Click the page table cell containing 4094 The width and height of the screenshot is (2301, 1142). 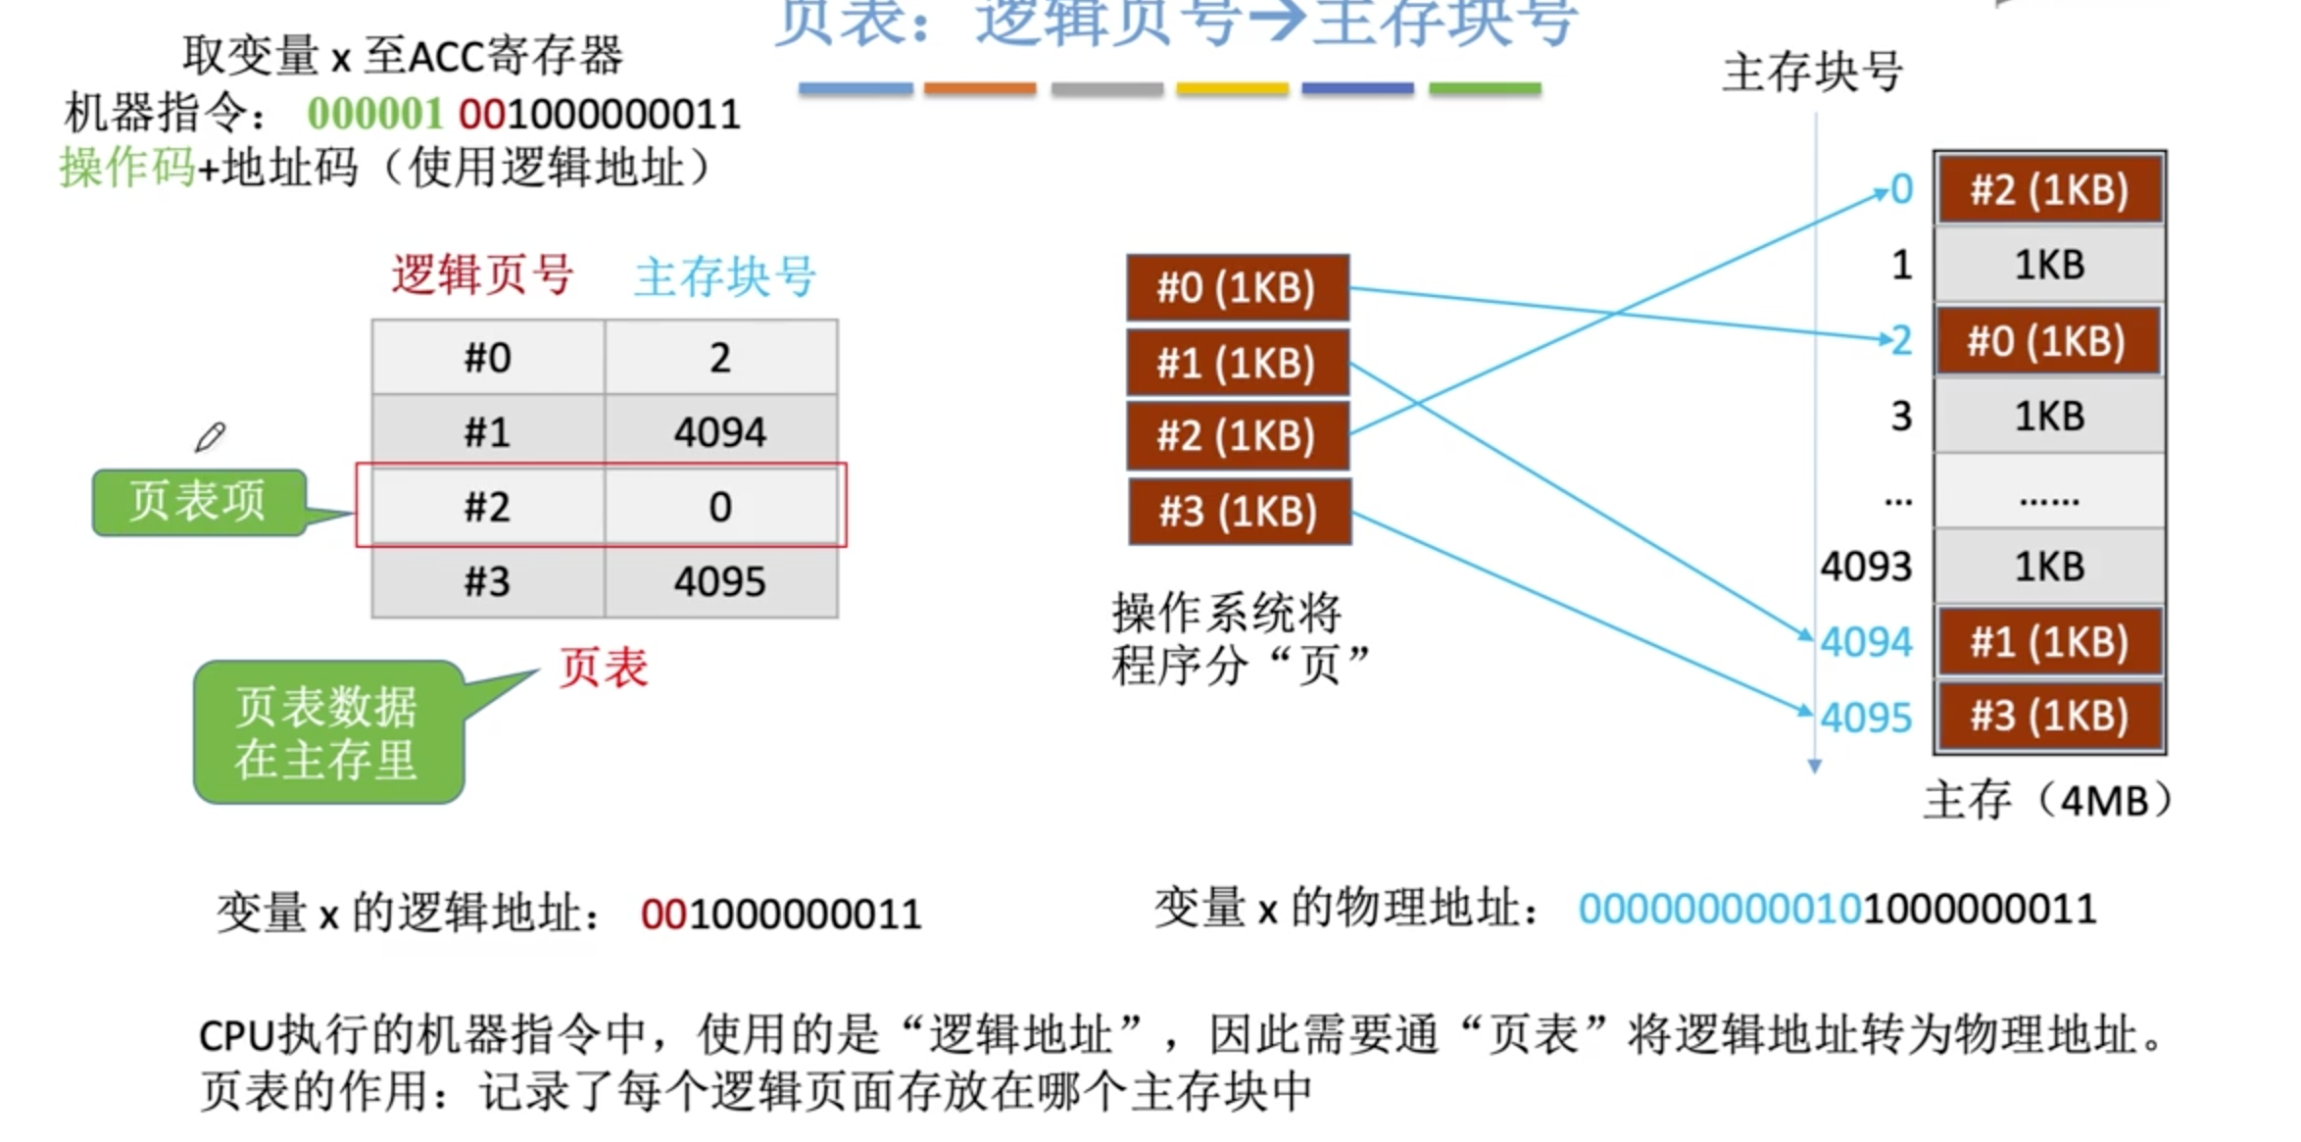coord(720,431)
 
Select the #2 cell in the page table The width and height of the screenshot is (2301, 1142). coord(487,507)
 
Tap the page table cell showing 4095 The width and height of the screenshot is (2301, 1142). coord(720,581)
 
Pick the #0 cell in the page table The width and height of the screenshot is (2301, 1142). coord(487,358)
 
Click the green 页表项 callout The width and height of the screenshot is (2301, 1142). coord(199,501)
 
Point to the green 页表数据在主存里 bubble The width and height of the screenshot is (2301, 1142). coord(327,732)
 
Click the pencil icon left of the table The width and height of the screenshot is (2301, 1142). coord(210,437)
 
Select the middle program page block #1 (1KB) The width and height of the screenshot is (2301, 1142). coord(1237,363)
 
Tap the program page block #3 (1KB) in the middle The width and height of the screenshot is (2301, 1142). coord(1239,511)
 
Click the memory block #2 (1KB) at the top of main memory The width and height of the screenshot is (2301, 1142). coord(2049,189)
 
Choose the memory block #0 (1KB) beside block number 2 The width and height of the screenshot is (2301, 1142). coord(2047,341)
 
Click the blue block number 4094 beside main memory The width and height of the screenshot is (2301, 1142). coord(1866,642)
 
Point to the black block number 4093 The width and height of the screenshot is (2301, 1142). coord(1866,567)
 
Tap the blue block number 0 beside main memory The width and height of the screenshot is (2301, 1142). coord(1901,189)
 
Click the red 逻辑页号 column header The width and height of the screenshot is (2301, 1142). coord(482,274)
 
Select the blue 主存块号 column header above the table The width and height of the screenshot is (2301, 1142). coord(724,276)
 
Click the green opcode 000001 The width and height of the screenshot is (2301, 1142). coord(374,115)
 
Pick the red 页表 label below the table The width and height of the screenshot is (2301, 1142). coord(604,669)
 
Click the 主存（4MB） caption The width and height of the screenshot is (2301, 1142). coord(2047,801)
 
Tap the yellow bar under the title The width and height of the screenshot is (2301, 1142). coord(1232,89)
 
